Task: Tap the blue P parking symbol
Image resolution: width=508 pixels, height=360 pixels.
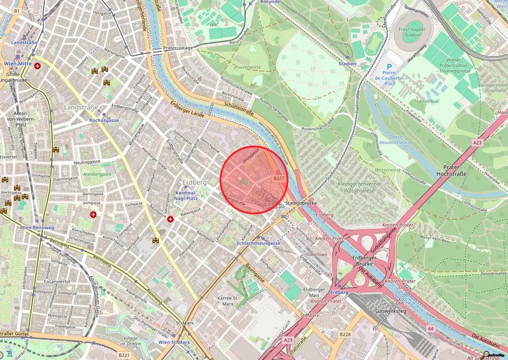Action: [389, 67]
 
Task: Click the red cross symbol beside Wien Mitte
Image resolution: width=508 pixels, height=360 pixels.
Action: [38, 65]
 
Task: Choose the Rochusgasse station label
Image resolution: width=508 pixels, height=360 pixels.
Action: [104, 120]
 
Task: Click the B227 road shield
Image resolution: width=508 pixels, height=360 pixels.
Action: [279, 178]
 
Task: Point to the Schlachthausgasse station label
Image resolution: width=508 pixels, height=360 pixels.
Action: [258, 243]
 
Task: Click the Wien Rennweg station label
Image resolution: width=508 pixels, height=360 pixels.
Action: [36, 228]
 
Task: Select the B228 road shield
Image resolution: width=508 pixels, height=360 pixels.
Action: [346, 335]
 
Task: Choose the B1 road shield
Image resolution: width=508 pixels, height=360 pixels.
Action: [17, 11]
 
